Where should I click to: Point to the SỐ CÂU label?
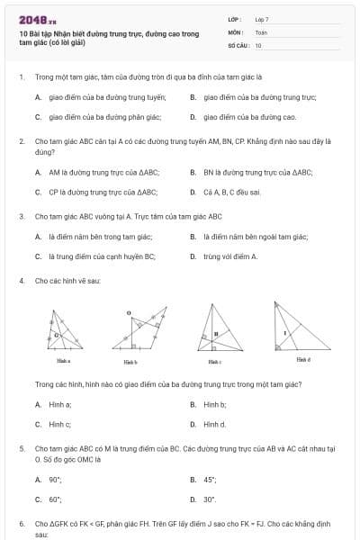point(238,44)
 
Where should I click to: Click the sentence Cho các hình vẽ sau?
point(67,282)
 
